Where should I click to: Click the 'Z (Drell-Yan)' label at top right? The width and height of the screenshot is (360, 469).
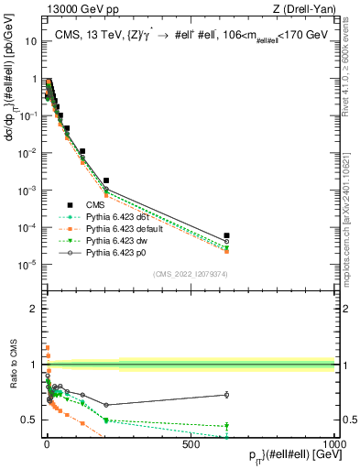click(x=306, y=10)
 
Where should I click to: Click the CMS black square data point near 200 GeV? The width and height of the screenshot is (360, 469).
click(x=106, y=180)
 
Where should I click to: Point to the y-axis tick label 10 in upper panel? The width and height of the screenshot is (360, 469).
click(x=27, y=41)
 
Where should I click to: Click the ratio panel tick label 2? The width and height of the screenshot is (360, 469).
click(x=33, y=309)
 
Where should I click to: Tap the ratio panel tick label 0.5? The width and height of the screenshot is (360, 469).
click(x=28, y=420)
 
